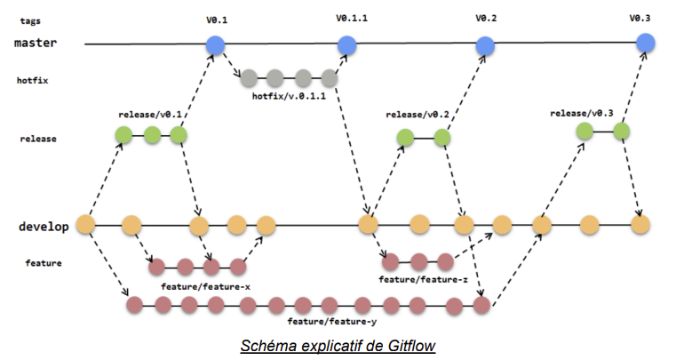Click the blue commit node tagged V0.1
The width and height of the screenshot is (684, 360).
click(x=214, y=44)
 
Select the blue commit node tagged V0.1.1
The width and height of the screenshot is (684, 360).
click(x=346, y=44)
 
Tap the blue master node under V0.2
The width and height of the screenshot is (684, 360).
click(x=484, y=45)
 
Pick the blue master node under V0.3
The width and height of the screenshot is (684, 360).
click(x=646, y=44)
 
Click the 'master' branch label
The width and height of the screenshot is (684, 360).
click(x=36, y=43)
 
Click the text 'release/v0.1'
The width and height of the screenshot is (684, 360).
click(x=149, y=115)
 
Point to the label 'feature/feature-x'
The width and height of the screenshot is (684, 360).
click(x=205, y=285)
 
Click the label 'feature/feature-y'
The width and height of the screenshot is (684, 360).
click(x=326, y=322)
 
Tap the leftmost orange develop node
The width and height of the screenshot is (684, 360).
click(x=86, y=225)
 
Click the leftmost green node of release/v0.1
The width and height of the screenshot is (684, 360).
click(x=123, y=135)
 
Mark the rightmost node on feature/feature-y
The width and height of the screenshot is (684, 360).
click(x=481, y=306)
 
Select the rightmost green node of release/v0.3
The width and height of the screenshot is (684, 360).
click(x=621, y=132)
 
